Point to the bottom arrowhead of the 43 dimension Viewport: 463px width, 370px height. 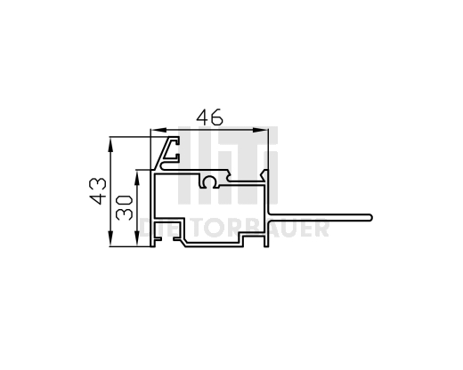(110, 243)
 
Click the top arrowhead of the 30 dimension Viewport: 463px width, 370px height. (138, 173)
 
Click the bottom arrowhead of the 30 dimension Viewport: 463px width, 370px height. (138, 243)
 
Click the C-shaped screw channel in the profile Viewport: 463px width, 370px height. (209, 182)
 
